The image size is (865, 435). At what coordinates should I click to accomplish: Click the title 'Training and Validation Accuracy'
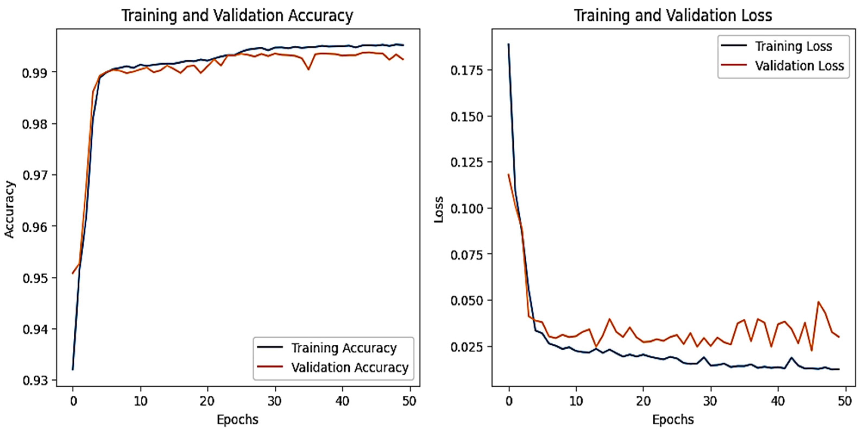click(237, 15)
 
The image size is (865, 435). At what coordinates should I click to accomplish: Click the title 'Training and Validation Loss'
click(673, 15)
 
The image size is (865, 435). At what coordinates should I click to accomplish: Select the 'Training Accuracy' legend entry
click(343, 348)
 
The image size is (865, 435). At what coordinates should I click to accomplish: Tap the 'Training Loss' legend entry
click(793, 46)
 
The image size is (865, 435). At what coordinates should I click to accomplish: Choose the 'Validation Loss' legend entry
click(799, 66)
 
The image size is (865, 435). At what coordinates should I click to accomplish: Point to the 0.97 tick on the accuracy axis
click(35, 175)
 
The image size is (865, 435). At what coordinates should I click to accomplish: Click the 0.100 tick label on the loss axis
click(467, 209)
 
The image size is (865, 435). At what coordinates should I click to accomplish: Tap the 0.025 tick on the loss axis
click(467, 347)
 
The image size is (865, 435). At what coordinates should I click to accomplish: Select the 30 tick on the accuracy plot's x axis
click(275, 401)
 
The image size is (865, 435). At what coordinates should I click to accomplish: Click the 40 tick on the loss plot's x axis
click(778, 401)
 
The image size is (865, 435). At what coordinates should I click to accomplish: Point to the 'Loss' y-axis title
click(439, 209)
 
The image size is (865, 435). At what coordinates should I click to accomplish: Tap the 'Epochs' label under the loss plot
click(673, 420)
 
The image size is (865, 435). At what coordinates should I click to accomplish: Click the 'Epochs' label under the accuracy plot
click(237, 420)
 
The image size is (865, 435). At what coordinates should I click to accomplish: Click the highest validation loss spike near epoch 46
click(818, 302)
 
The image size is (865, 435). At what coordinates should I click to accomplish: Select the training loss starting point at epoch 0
click(509, 44)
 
